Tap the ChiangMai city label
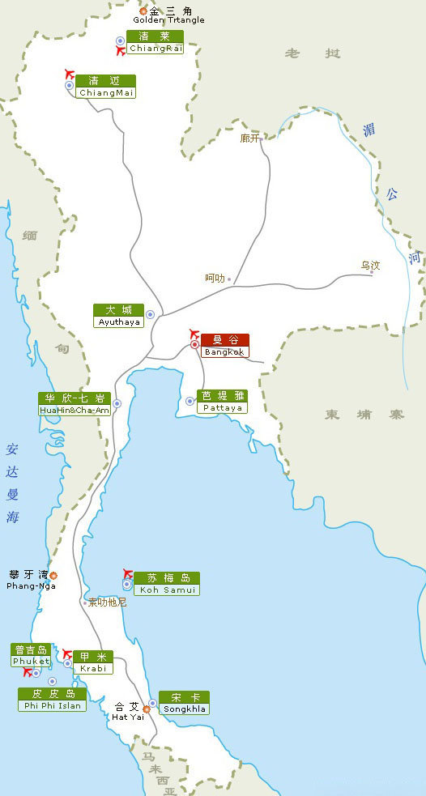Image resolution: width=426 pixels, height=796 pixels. click(106, 87)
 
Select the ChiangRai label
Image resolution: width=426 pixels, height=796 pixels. click(155, 42)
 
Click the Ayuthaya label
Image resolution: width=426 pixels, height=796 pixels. click(119, 316)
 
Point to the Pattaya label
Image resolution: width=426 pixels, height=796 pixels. click(222, 402)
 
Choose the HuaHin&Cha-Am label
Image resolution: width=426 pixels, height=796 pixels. click(75, 404)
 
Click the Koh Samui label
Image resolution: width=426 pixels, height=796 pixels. click(168, 584)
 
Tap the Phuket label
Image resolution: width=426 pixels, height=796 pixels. click(31, 656)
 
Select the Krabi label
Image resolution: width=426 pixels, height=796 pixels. click(92, 662)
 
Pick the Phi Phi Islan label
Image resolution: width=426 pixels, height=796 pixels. click(52, 700)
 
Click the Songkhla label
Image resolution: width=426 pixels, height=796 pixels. click(185, 703)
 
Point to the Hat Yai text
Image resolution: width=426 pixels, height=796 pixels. click(127, 711)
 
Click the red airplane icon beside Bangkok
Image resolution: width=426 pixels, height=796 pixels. click(193, 333)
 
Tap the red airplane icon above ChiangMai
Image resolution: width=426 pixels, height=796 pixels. click(68, 74)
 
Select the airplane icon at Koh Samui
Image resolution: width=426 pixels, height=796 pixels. click(126, 573)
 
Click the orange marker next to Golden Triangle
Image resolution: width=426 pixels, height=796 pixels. click(143, 11)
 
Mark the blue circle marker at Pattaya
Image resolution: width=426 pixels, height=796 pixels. click(190, 401)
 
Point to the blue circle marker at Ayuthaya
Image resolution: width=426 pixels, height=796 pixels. click(150, 314)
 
